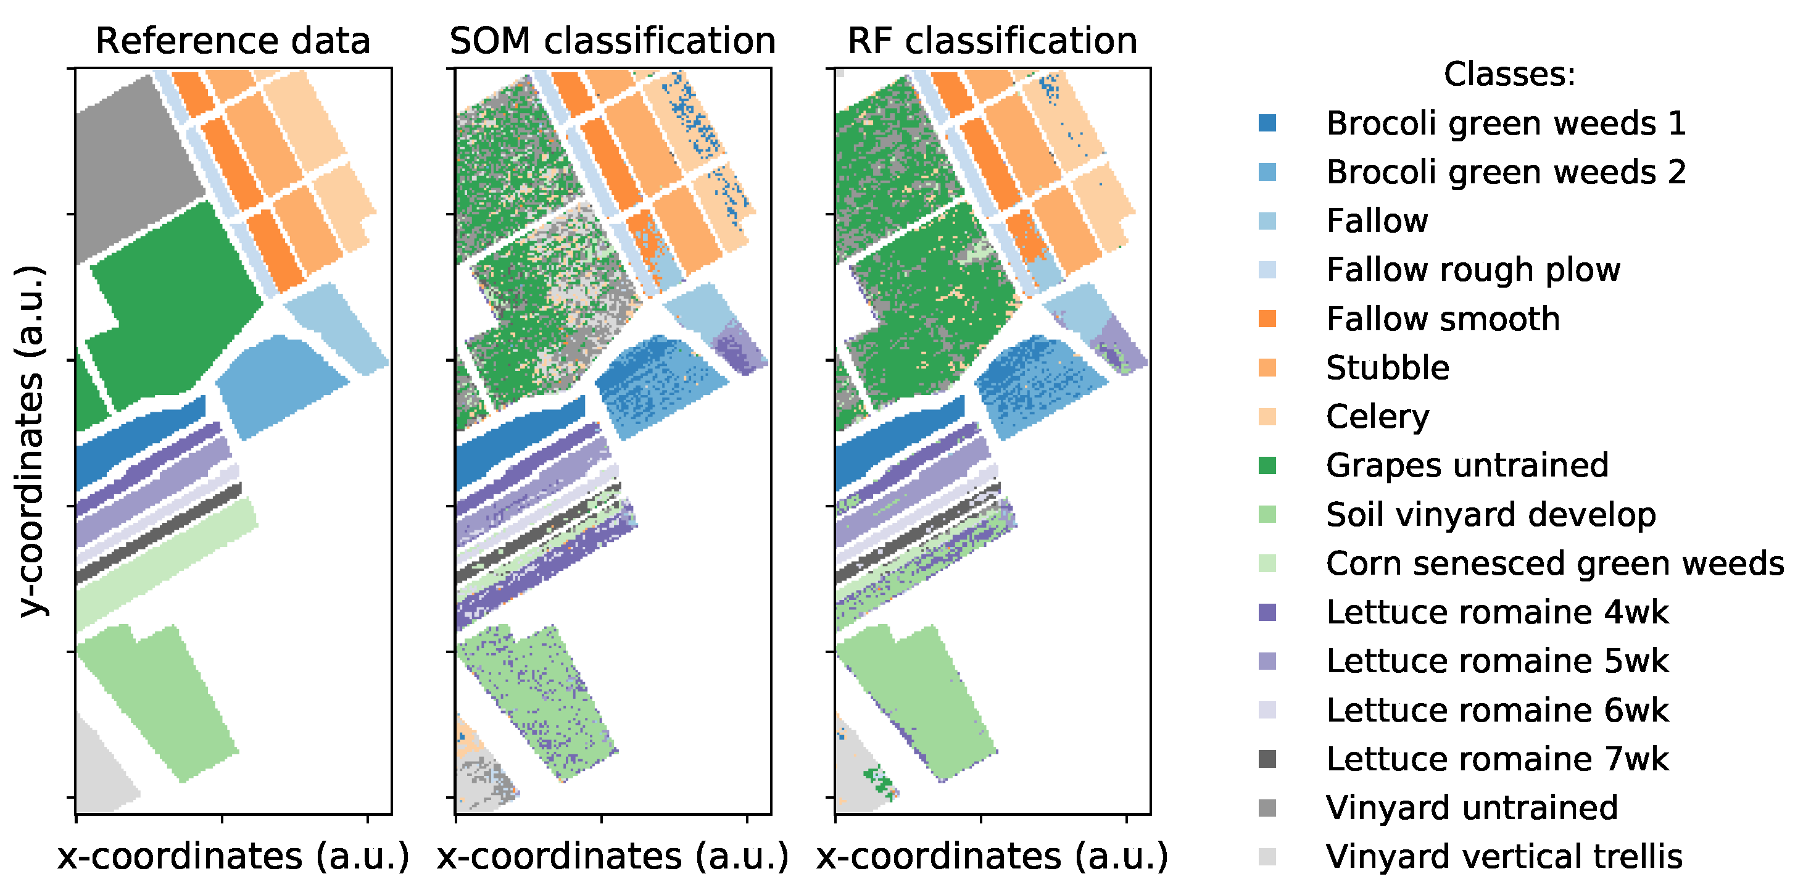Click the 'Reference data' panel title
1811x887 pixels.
tap(233, 41)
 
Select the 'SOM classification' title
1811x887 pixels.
tap(612, 41)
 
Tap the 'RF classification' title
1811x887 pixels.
tap(992, 41)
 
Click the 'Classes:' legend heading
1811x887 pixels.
tap(1509, 74)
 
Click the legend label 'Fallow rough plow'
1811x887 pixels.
tap(1473, 270)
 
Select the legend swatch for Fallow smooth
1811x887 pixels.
tap(1267, 319)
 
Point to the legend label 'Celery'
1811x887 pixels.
tap(1377, 417)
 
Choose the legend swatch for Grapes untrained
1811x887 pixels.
tap(1267, 465)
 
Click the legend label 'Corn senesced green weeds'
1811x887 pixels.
tap(1554, 564)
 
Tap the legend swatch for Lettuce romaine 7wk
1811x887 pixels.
tap(1267, 759)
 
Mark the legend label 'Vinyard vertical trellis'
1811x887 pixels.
tap(1504, 857)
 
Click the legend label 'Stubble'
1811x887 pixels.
tap(1387, 368)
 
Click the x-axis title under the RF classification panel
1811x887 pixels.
tap(992, 857)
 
